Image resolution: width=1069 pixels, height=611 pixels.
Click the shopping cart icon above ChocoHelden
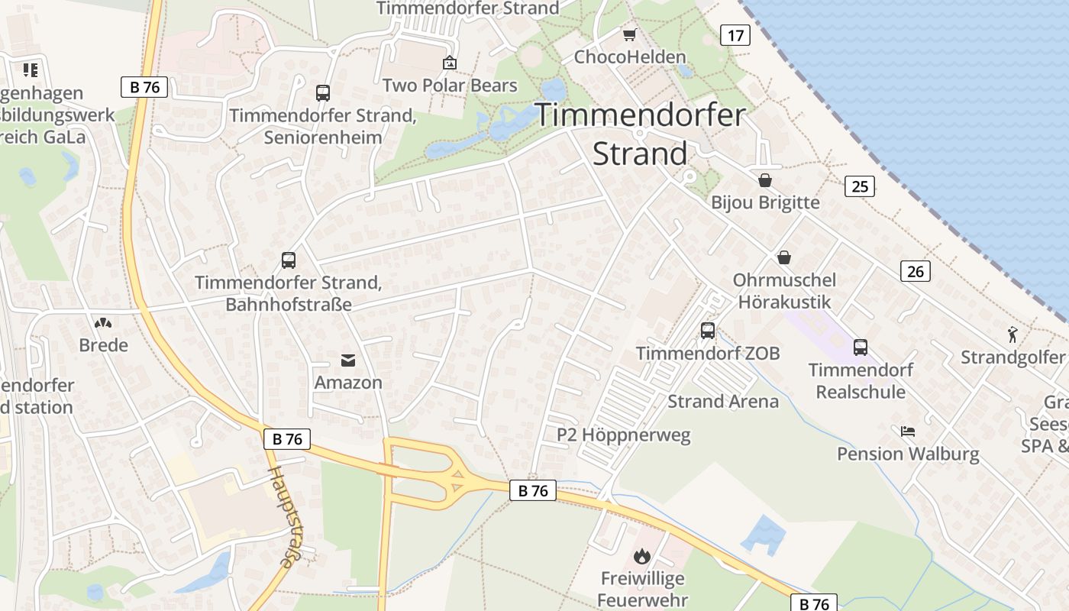629,35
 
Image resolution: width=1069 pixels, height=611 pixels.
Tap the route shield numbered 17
735,35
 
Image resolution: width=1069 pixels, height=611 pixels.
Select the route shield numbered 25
860,186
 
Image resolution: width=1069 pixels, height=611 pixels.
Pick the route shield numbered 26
915,271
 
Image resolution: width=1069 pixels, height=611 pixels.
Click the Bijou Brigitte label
765,202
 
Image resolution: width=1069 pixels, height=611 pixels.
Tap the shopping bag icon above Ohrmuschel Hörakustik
783,257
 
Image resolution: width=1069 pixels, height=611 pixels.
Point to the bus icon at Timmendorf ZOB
708,331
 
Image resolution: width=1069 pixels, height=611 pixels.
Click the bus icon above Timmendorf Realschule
861,348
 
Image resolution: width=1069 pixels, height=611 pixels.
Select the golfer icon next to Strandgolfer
1012,335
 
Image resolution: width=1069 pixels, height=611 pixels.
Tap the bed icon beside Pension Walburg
908,432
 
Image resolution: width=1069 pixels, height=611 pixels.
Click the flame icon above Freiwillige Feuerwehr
641,556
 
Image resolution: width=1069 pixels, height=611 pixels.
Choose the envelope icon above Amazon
348,360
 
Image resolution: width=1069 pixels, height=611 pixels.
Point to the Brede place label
104,345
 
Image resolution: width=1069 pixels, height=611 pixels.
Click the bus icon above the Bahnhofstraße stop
289,260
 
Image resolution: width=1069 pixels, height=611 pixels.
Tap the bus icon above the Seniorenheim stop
323,93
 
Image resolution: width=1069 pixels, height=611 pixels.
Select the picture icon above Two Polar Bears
450,63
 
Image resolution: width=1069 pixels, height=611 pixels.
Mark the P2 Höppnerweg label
623,435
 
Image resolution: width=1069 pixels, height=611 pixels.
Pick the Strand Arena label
723,402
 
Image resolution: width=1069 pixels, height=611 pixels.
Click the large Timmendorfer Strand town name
640,134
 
